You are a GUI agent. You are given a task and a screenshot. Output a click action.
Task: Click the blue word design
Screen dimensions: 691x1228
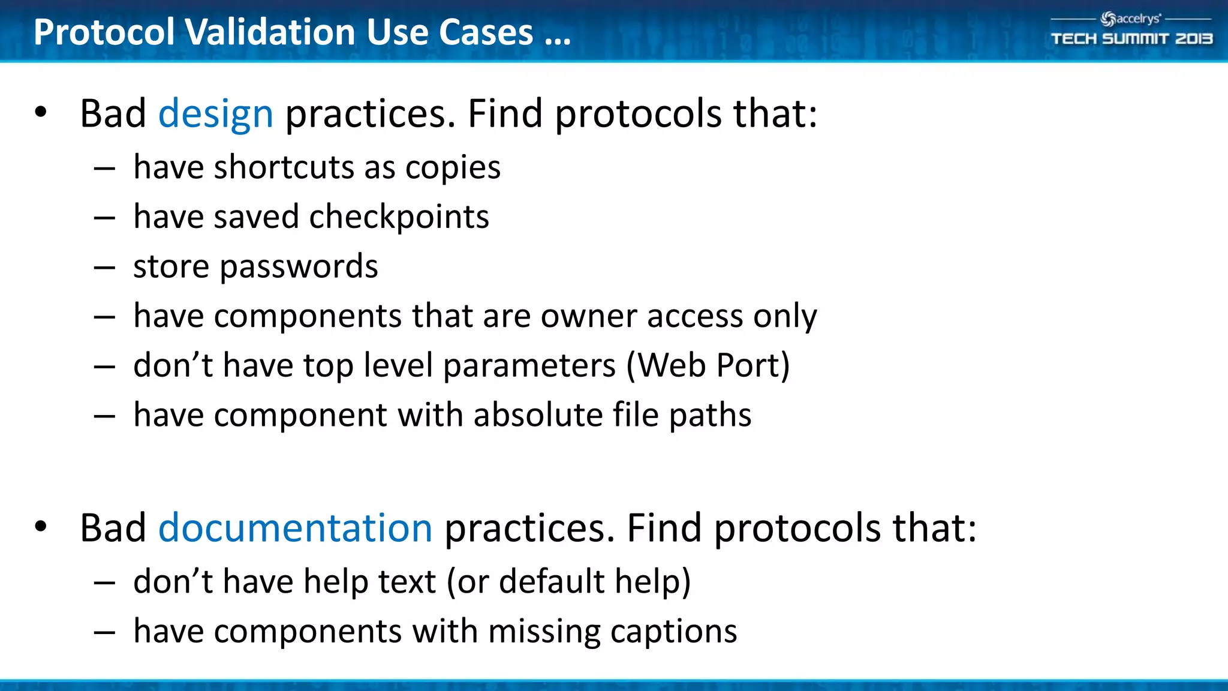[215, 114]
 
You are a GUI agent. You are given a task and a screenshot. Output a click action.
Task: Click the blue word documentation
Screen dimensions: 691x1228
[295, 528]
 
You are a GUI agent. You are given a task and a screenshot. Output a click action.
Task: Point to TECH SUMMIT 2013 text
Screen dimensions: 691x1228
[1131, 39]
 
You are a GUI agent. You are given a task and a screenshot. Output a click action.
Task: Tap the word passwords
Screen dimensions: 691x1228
[299, 267]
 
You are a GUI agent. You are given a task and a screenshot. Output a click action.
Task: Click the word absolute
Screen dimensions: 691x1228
[537, 415]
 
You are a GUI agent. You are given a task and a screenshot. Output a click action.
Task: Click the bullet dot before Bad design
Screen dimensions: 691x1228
[41, 112]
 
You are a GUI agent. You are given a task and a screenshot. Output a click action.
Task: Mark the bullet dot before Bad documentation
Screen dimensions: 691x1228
[41, 527]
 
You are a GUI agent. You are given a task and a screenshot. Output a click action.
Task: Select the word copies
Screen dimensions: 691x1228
[453, 167]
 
